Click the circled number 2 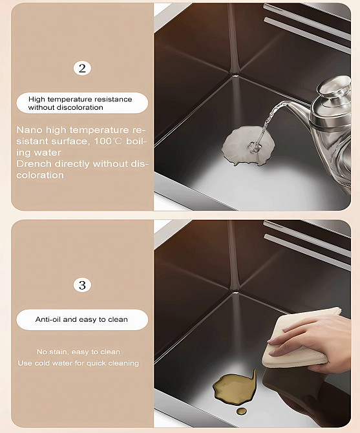click(82, 69)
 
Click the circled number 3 click(82, 285)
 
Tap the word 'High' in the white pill click(36, 99)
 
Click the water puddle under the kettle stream click(248, 145)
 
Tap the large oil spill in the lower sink click(234, 386)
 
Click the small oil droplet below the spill click(241, 411)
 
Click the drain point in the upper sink click(235, 74)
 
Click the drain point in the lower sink click(235, 291)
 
